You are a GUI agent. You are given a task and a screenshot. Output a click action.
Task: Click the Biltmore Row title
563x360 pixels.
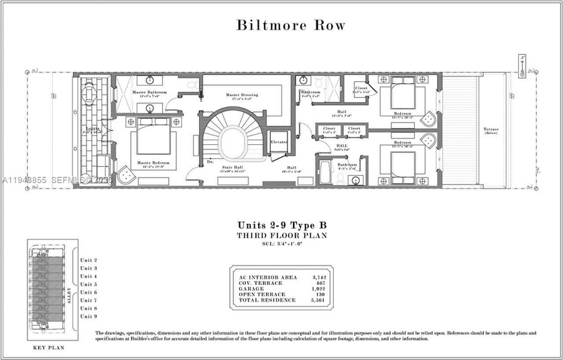click(291, 26)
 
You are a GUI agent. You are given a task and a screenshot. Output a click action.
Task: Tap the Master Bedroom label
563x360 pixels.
click(153, 163)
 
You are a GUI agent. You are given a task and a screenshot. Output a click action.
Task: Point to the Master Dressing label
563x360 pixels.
click(243, 95)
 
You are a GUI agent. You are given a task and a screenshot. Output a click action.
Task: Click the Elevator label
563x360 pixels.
click(279, 142)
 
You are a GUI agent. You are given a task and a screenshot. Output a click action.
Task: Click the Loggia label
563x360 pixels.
click(92, 129)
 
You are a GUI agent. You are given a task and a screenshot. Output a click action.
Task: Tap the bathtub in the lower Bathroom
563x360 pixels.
click(325, 173)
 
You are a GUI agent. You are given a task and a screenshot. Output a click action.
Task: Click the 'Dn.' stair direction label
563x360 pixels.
click(210, 161)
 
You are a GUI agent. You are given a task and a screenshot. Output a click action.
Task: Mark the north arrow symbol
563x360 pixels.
click(523, 66)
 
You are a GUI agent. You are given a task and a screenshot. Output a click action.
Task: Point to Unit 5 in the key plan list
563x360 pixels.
click(88, 284)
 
